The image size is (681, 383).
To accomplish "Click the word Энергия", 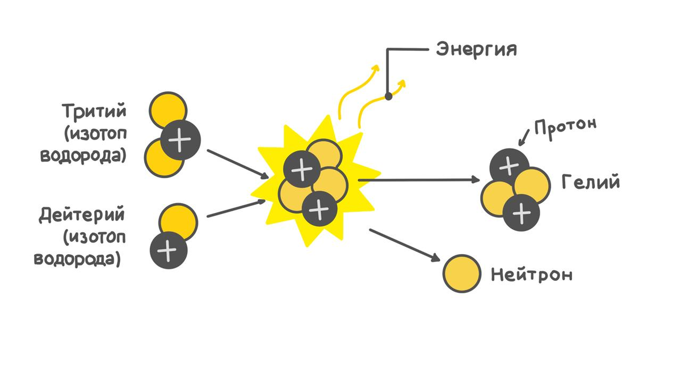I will pyautogui.click(x=476, y=49).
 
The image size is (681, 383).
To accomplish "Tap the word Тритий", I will pyautogui.click(x=94, y=110).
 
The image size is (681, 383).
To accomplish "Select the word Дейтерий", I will pyautogui.click(x=82, y=216).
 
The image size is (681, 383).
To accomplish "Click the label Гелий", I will pyautogui.click(x=590, y=183).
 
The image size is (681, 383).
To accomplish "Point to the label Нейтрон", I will pyautogui.click(x=531, y=275).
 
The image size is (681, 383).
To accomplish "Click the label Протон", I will pyautogui.click(x=565, y=125).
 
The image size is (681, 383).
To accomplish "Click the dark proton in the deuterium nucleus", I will pyautogui.click(x=169, y=250).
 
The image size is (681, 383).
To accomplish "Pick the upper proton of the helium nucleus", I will pyautogui.click(x=508, y=166).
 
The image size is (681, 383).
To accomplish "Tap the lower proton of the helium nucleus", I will pyautogui.click(x=522, y=213).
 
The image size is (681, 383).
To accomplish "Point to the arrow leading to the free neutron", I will pyautogui.click(x=404, y=245).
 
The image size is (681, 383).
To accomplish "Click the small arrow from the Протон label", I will pyautogui.click(x=525, y=137).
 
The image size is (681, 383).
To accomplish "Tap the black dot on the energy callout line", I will pyautogui.click(x=389, y=96).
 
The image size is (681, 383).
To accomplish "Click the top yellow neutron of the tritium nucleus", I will pyautogui.click(x=167, y=108).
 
